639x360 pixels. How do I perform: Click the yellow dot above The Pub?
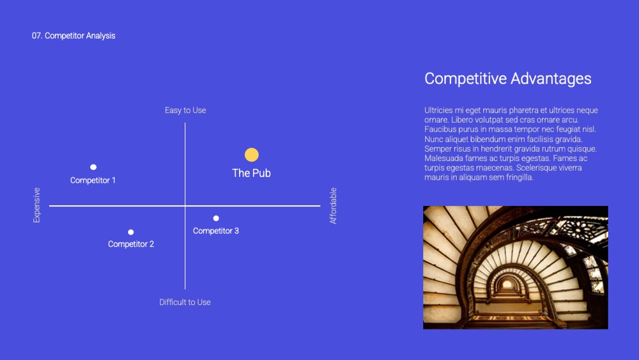[x=251, y=155]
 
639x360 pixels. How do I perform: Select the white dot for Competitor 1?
[x=93, y=167]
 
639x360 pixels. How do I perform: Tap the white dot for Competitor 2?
[x=131, y=232]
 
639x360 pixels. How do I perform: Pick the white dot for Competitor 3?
[x=216, y=219]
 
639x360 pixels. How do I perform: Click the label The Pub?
[x=251, y=173]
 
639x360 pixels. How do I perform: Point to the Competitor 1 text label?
[x=93, y=180]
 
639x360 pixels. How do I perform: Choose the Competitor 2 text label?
[x=131, y=244]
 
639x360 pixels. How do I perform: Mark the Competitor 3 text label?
[x=216, y=231]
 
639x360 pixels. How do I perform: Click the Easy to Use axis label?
[x=185, y=111]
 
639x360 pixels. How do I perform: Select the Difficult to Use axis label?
[x=185, y=302]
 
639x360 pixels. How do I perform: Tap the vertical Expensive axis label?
[x=36, y=205]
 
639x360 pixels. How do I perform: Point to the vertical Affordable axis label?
[x=333, y=206]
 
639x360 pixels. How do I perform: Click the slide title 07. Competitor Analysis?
[x=73, y=36]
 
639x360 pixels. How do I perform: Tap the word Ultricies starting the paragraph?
[x=438, y=110]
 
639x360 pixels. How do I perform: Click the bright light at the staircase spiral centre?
[x=507, y=284]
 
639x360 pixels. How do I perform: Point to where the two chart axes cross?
[x=185, y=206]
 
